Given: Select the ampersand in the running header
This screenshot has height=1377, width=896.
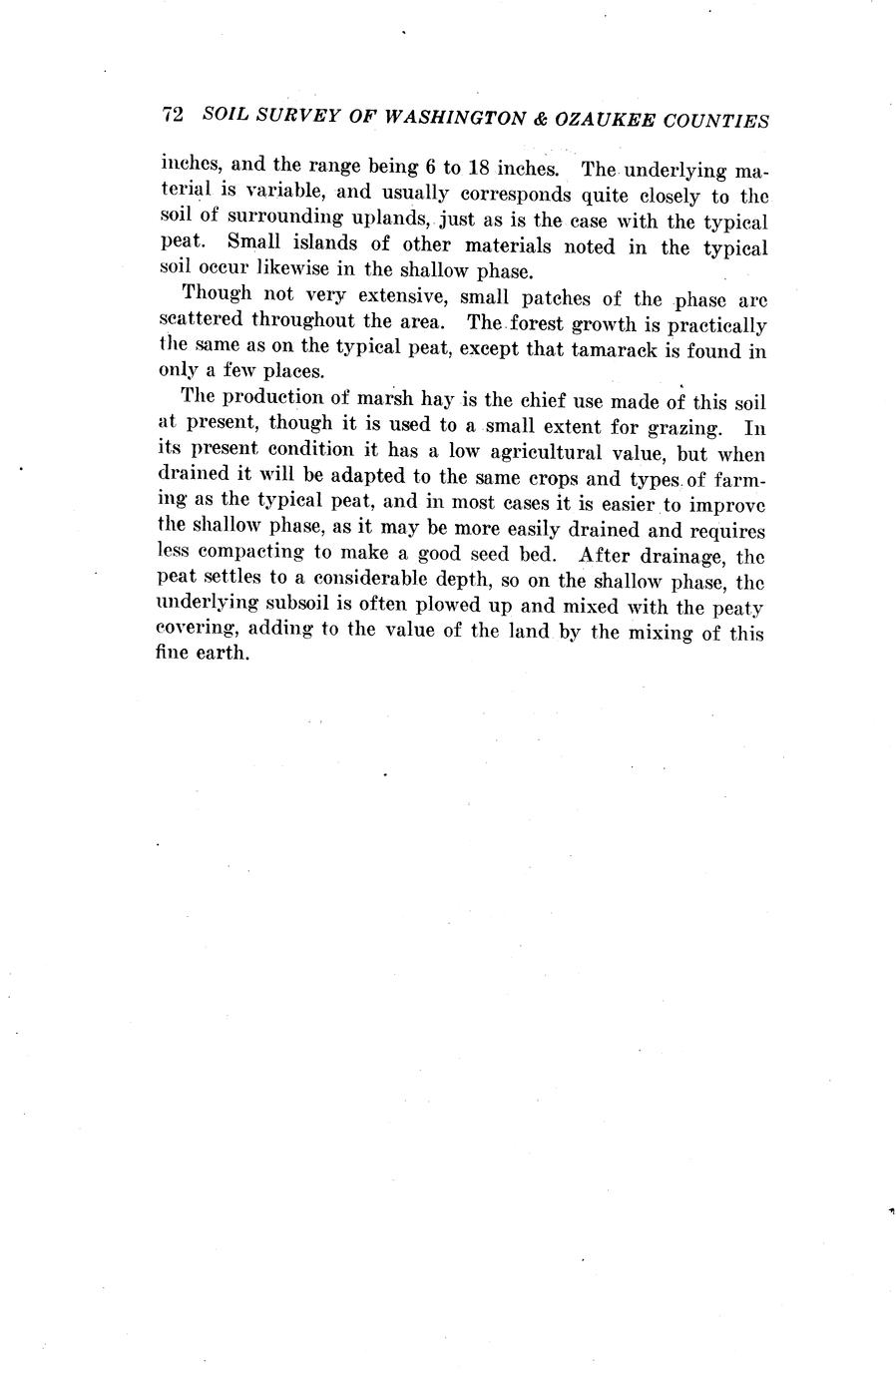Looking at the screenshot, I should click(538, 118).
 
